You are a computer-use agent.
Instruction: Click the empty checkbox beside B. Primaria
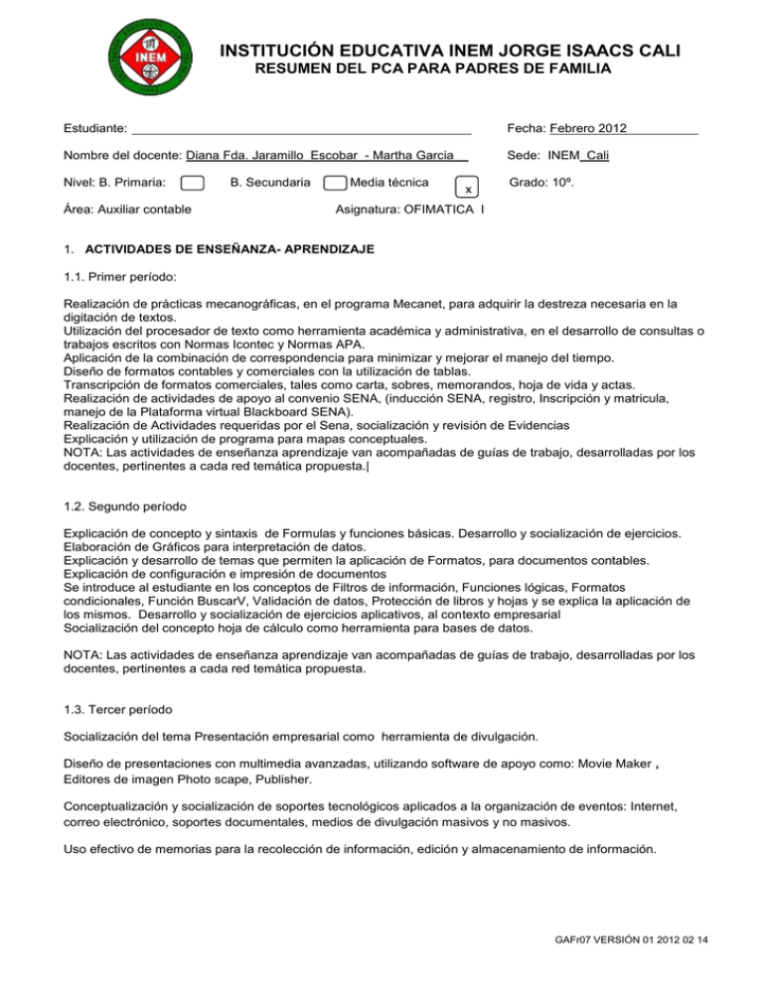tap(194, 183)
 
